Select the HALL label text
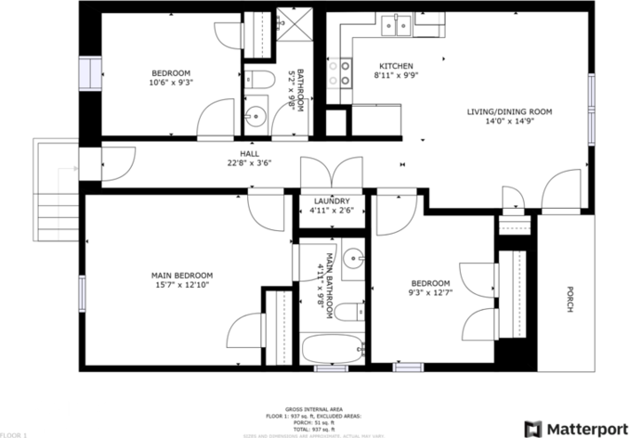(249, 154)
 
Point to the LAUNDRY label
(332, 200)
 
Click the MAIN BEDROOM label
(182, 275)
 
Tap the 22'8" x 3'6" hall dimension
(249, 164)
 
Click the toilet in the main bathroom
(349, 312)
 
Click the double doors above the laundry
(331, 172)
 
